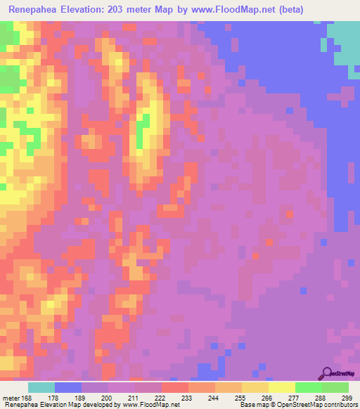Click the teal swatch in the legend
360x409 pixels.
pyautogui.click(x=41, y=387)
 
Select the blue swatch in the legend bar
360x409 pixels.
pyautogui.click(x=68, y=387)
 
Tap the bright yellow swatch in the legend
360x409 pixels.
pyautogui.click(x=281, y=387)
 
